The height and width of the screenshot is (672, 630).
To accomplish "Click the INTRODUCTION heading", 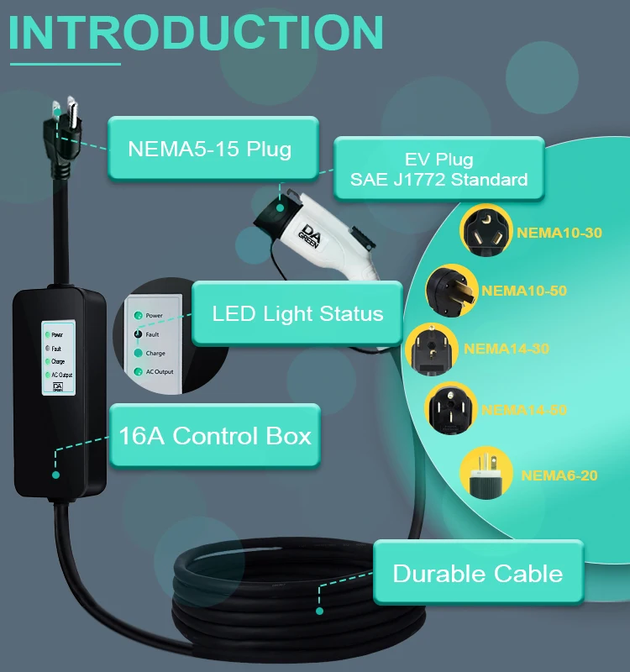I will pos(197,31).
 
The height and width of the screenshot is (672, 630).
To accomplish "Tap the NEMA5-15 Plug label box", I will pos(210,150).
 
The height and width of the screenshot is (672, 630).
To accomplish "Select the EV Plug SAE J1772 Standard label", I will pos(438,169).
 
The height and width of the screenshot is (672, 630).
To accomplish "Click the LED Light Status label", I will pos(297,314).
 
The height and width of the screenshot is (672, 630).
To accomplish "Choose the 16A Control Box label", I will pos(215,436).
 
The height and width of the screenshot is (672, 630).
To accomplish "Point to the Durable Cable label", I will pos(477,574).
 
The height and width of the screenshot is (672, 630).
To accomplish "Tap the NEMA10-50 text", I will pos(523,291).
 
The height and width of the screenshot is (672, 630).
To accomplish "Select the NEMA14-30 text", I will pos(506,348).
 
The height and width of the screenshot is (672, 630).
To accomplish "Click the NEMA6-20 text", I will pos(559,475).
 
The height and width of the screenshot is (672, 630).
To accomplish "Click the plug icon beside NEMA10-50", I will pos(451,290).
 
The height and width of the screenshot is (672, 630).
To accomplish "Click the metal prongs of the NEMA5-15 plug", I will pos(62,110).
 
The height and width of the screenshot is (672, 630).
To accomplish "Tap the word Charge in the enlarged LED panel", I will pos(155,353).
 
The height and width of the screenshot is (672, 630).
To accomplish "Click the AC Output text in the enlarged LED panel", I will pos(160,371).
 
